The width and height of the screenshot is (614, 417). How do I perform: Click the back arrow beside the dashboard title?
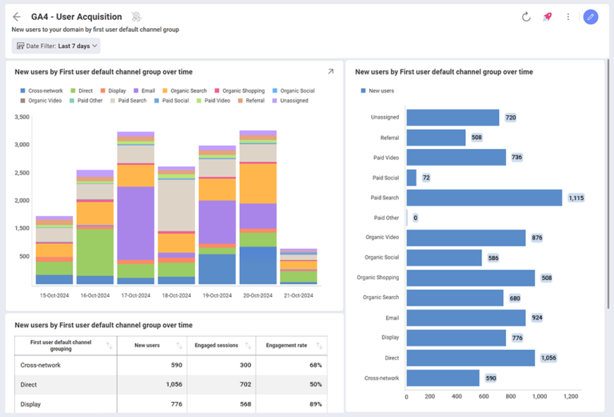17,17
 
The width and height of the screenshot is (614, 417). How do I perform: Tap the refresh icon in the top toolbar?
526,17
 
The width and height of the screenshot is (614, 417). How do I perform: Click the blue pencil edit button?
590,17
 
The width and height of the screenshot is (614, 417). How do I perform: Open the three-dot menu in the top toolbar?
568,17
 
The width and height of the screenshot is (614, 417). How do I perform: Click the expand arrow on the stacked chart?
330,72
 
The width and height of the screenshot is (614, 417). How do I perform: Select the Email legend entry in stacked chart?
144,90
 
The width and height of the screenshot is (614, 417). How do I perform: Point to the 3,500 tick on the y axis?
22,117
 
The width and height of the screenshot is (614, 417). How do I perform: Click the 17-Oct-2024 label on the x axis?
135,295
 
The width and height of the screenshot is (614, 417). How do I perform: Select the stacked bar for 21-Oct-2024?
298,267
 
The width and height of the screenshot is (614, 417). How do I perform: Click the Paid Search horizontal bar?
484,198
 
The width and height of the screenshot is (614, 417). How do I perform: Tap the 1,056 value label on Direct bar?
548,358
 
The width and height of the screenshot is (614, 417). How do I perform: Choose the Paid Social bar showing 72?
412,178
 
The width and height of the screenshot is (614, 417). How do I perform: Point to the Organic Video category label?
381,238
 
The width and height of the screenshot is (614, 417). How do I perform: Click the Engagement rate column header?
286,346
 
